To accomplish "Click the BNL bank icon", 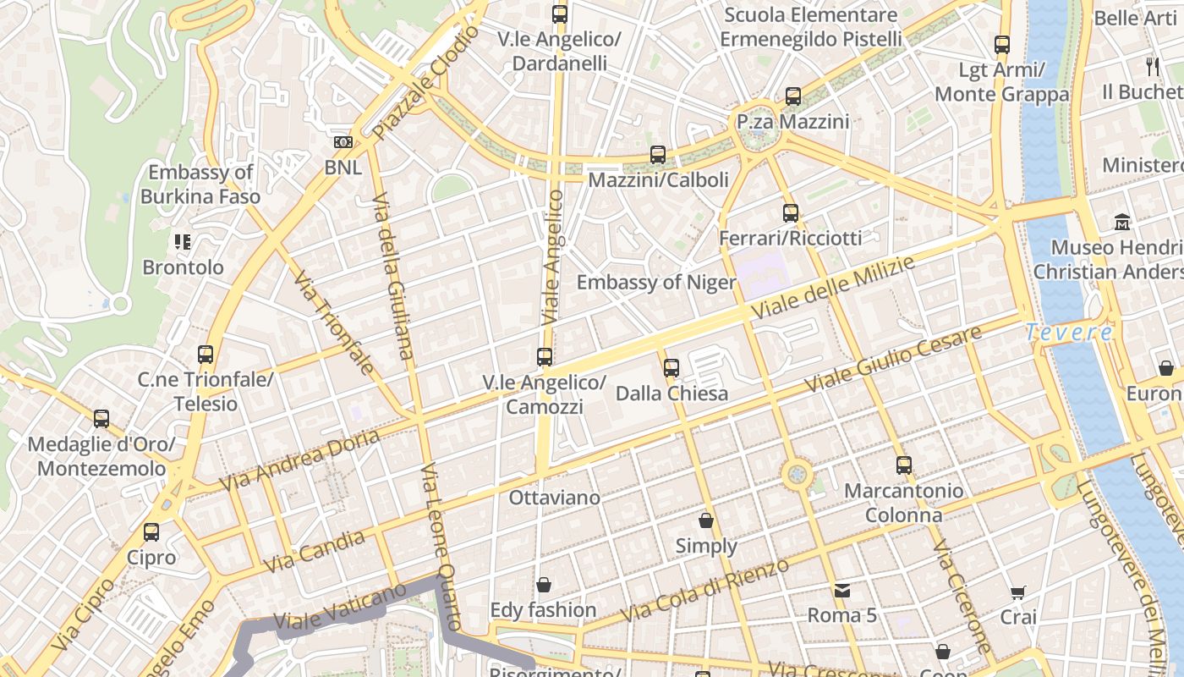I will click(343, 142).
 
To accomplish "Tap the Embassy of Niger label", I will click(656, 282).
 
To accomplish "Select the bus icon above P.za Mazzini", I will click(792, 96).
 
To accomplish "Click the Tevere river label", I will click(1069, 333).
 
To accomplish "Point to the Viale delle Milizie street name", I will click(832, 289).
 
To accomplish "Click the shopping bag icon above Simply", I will click(706, 520).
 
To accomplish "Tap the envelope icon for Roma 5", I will click(842, 590).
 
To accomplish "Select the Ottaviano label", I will click(554, 498).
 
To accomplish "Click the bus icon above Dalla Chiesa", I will click(671, 368).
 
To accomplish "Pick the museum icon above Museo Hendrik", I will click(1122, 223).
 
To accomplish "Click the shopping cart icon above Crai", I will click(1018, 592).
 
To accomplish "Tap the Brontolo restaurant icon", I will click(183, 242).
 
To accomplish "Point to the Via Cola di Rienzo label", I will click(704, 590).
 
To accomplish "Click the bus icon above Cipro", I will click(151, 532).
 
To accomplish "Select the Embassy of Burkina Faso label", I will click(200, 184).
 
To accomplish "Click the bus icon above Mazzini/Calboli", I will click(658, 155).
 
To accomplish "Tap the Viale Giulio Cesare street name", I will click(892, 358).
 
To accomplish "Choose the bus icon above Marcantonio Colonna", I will click(904, 465).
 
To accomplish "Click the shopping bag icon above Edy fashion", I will click(544, 585).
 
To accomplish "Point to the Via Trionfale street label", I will click(334, 322).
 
